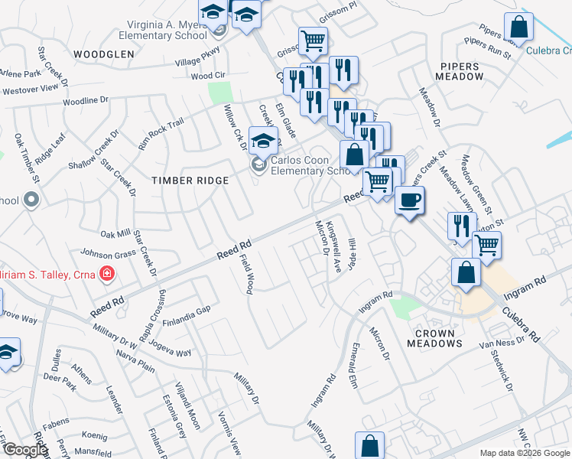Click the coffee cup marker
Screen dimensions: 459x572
click(x=409, y=200)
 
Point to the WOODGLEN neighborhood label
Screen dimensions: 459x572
click(x=104, y=54)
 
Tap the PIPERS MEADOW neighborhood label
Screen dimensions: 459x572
click(x=459, y=71)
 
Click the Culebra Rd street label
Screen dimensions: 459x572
click(x=526, y=324)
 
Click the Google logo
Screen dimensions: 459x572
click(x=24, y=450)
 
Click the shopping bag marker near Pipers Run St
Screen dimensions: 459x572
click(x=518, y=28)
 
